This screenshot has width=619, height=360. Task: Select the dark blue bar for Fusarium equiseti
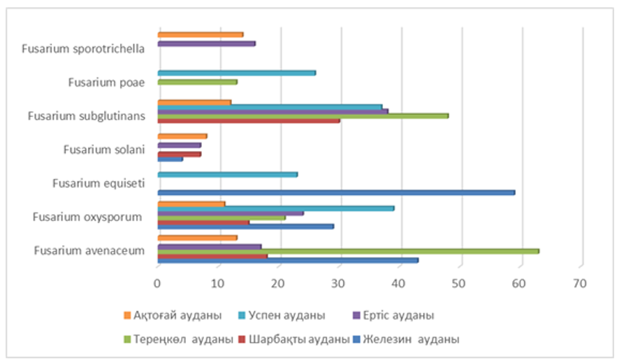pos(336,192)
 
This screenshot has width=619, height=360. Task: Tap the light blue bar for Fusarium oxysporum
pos(276,208)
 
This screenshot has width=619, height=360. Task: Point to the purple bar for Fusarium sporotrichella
pos(206,43)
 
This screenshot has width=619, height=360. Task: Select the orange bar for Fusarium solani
pos(182,136)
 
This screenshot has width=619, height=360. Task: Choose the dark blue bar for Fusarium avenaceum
pos(288,260)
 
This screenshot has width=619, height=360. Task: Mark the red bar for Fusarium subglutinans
pos(249,120)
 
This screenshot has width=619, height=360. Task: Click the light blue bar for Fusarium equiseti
pos(227,174)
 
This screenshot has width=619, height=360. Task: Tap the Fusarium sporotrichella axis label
pos(83,49)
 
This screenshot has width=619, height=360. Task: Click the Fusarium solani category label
pos(103,149)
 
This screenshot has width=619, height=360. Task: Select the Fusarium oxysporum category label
pos(89,217)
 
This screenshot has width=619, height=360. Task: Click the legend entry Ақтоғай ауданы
pos(172,316)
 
